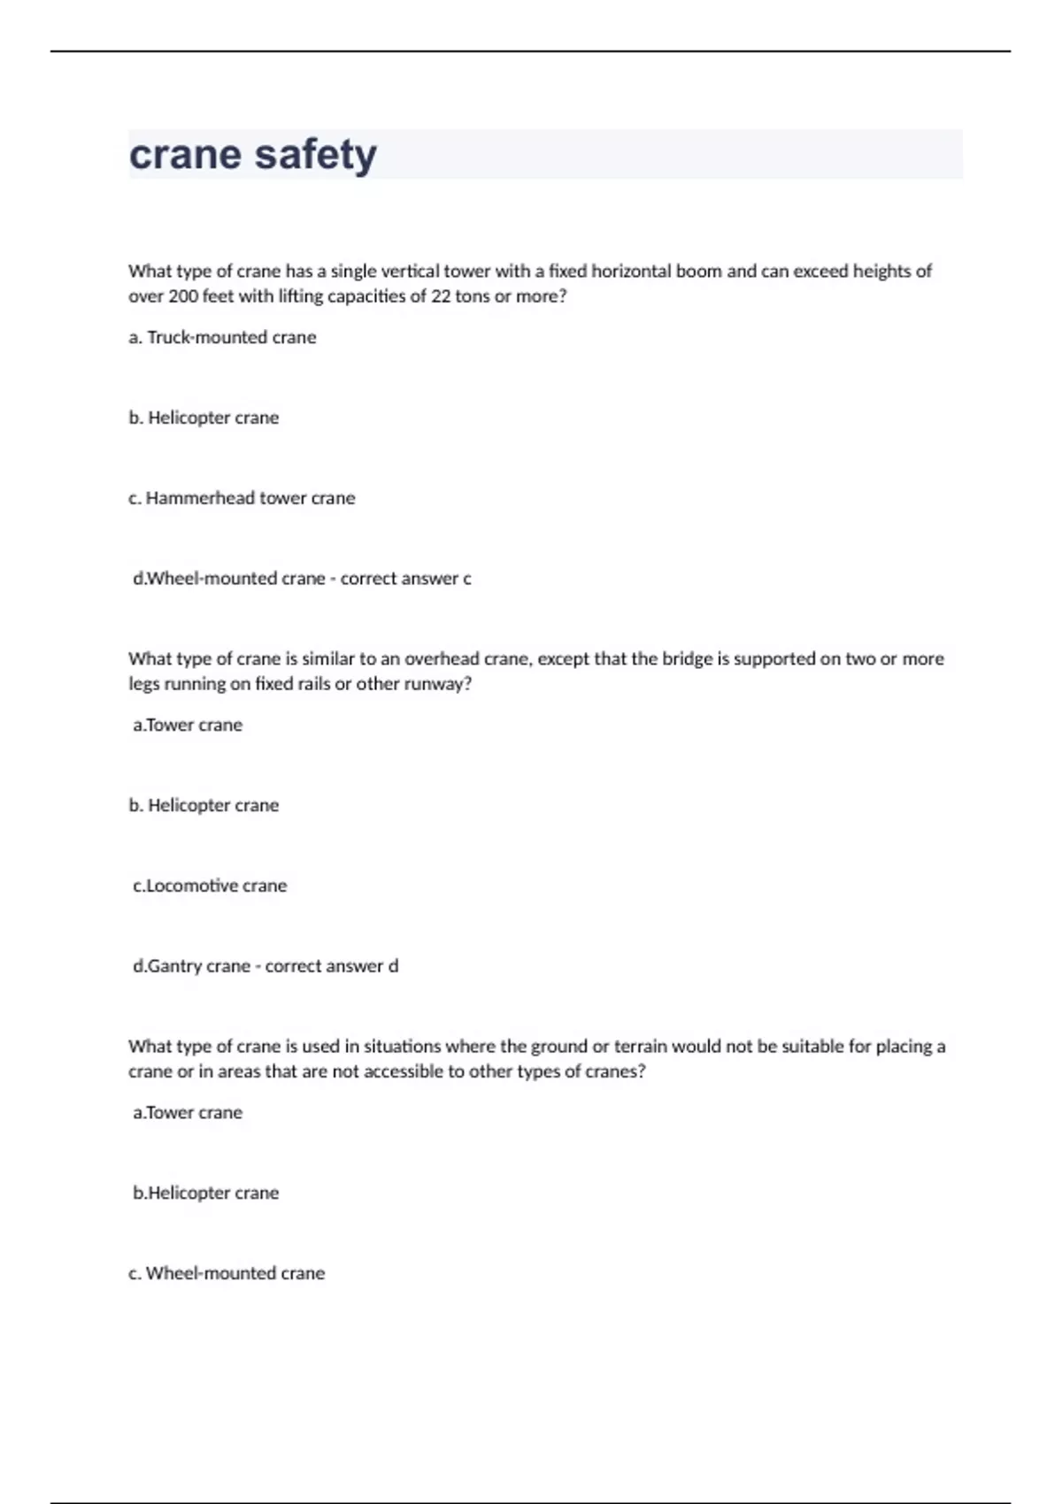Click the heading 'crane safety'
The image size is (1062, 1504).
253,155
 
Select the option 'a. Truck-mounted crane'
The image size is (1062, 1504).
222,337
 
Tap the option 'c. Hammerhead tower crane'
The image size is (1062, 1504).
242,498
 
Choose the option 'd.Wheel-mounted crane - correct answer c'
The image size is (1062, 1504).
302,579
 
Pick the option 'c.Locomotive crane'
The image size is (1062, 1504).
210,886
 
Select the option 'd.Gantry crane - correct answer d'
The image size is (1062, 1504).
265,966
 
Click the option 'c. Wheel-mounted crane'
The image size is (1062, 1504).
227,1273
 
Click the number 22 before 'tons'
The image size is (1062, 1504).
441,296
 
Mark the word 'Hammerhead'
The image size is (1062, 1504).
199,498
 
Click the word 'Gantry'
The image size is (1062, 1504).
174,966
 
